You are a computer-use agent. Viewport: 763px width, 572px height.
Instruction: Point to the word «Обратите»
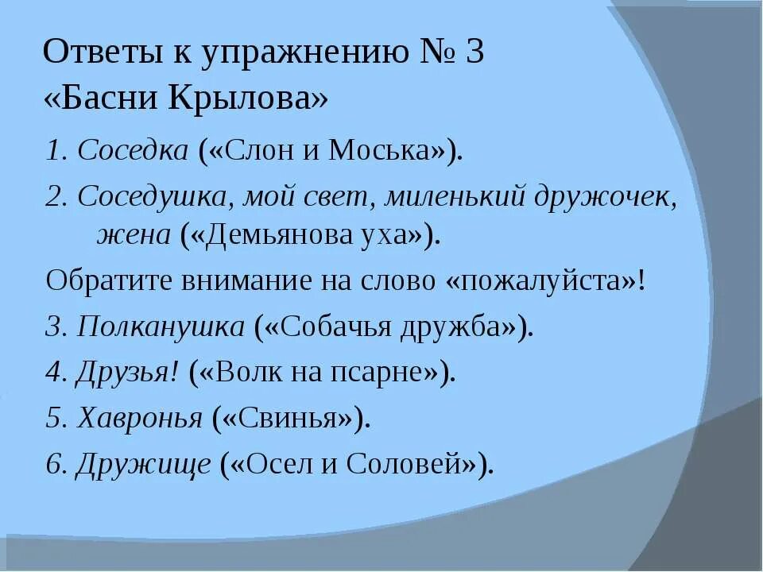[x=107, y=280]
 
